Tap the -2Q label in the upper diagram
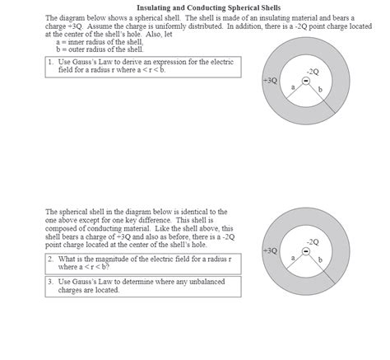click(312, 72)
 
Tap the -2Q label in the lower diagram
click(312, 241)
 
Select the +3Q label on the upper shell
click(270, 82)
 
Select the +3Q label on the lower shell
click(270, 250)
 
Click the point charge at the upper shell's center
click(305, 82)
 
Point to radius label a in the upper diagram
click(293, 87)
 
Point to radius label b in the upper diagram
click(319, 90)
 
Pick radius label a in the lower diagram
click(293, 257)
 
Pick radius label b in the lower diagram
click(319, 259)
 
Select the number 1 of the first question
click(51, 62)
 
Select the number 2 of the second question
click(51, 259)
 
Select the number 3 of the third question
click(51, 282)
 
